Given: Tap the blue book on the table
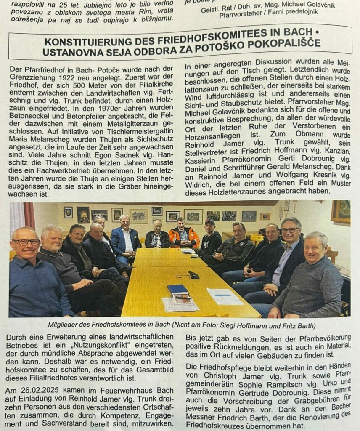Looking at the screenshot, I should (x=177, y=289).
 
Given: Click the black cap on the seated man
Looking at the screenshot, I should (x=209, y=222).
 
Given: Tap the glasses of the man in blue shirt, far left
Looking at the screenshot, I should (x=26, y=242).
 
